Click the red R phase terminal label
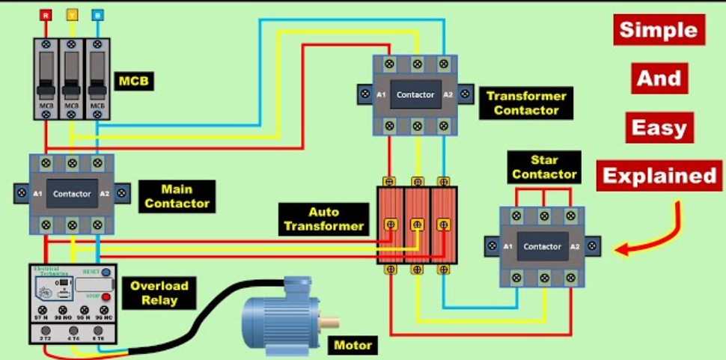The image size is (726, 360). tap(46, 14)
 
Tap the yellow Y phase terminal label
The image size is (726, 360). tap(71, 14)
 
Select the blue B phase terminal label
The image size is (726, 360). tap(97, 14)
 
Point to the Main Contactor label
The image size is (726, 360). tap(177, 195)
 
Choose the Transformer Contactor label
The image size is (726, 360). tap(526, 103)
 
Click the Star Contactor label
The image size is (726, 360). tap(544, 167)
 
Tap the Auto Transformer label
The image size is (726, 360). tap(323, 219)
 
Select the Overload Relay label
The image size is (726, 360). tap(159, 293)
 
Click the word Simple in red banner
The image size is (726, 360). tap(659, 31)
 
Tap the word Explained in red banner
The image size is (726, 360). tap(659, 176)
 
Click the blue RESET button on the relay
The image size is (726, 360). tap(106, 272)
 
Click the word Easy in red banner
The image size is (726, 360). tap(659, 128)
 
